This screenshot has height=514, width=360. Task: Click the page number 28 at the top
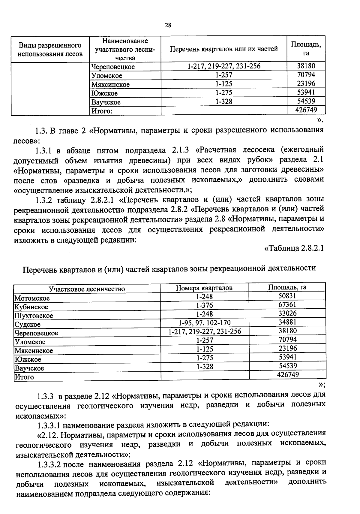point(168,26)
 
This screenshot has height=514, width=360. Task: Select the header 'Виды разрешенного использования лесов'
point(50,50)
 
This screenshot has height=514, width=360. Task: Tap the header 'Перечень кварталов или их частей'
point(224,49)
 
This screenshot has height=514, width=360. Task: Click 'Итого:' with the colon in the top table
point(102,111)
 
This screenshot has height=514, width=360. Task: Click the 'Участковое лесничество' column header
point(87,289)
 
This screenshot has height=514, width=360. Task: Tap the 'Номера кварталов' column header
point(204,288)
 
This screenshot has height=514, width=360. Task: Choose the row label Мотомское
point(32,298)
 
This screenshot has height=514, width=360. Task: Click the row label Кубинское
point(31,307)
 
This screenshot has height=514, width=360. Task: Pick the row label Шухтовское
point(34,316)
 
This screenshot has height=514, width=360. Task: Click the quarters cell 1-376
point(204,305)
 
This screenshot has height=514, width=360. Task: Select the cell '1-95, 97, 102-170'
point(204,323)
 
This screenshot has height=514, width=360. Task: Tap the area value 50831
point(287,296)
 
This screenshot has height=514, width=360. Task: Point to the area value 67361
point(287,304)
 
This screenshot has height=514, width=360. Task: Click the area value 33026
point(287,313)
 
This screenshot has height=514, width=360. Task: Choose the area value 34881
point(287,322)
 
